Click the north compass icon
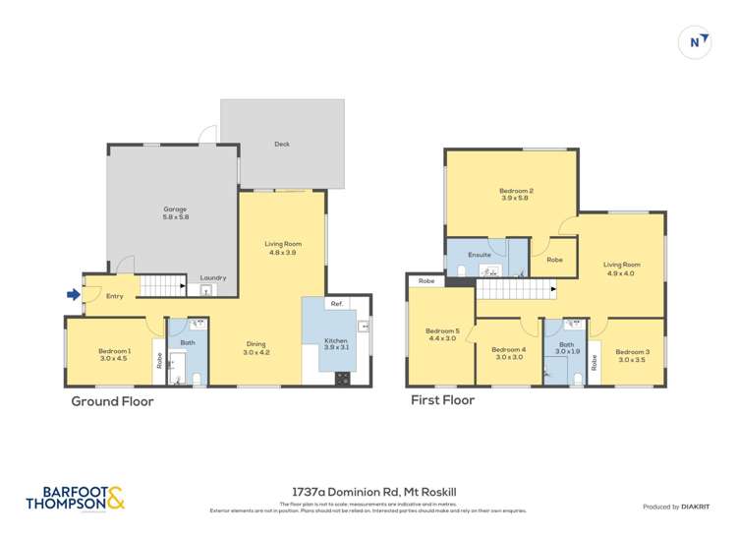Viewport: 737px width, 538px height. coord(696,42)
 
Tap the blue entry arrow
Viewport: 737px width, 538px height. coord(72,293)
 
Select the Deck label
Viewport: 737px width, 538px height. coord(282,145)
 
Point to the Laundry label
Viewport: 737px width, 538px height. coord(213,278)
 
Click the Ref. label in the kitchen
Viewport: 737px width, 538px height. coord(336,303)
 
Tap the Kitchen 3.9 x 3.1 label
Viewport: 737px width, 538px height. coord(336,344)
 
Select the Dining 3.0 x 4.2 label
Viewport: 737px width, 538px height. coord(255,347)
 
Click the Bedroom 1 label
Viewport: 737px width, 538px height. coord(114,355)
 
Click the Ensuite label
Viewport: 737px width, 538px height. coord(480,255)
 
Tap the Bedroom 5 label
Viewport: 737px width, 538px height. coord(441,334)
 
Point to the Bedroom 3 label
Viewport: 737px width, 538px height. coord(633,355)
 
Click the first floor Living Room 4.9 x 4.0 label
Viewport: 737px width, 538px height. coord(619,269)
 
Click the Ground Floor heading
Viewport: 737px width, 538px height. coord(112,401)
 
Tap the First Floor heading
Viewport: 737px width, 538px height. coord(442,400)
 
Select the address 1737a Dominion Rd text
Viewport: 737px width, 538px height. coord(368,489)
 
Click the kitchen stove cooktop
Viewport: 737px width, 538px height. coord(344,377)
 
